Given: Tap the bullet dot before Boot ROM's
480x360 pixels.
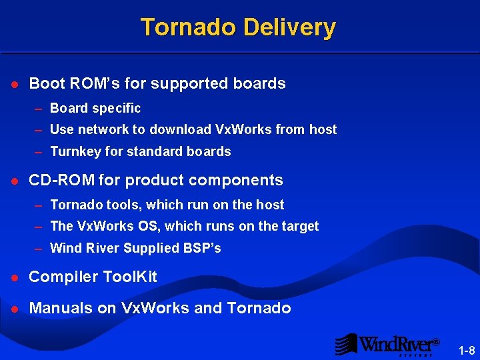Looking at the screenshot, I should [x=15, y=84].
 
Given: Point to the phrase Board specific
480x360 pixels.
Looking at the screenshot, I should [x=95, y=108].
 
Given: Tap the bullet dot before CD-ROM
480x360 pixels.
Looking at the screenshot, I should [x=15, y=181].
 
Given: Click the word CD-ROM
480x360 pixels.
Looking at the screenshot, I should [x=61, y=180].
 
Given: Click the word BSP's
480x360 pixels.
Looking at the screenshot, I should [x=202, y=248].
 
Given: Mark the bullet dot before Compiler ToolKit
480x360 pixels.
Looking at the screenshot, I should [x=15, y=277].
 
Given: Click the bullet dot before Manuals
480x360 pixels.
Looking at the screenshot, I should [x=15, y=308].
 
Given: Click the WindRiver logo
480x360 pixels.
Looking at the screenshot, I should [x=387, y=344].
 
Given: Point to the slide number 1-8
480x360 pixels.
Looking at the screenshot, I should [x=467, y=350].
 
